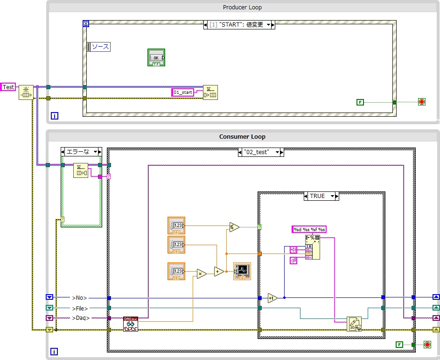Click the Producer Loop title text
click(242, 7)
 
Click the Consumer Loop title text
click(242, 137)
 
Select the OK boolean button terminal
click(156, 57)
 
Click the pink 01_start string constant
click(183, 92)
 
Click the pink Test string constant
click(8, 87)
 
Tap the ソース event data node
click(99, 47)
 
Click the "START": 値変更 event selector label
click(239, 25)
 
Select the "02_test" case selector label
click(257, 152)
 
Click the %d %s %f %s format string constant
click(309, 229)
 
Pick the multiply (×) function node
click(201, 274)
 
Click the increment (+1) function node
click(272, 297)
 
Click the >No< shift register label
click(79, 297)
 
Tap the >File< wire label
click(80, 308)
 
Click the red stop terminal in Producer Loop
click(422, 102)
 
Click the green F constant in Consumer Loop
click(399, 345)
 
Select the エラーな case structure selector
click(81, 152)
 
